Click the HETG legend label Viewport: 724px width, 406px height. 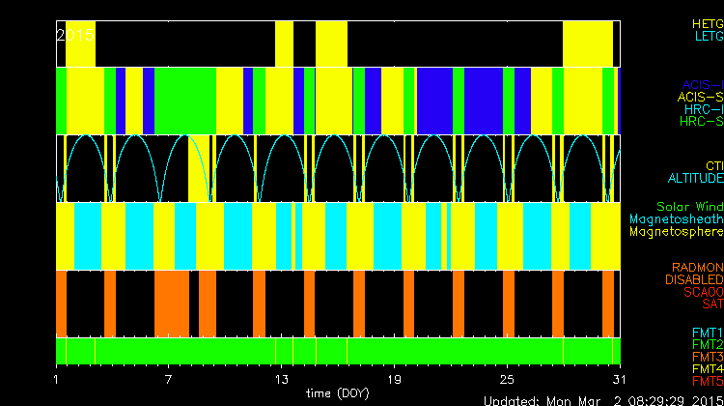pyautogui.click(x=707, y=22)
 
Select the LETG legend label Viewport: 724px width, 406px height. pyautogui.click(x=707, y=36)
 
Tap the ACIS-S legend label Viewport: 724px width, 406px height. pyautogui.click(x=700, y=97)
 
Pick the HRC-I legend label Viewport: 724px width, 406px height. pyautogui.click(x=704, y=109)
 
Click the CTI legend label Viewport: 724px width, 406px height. pyautogui.click(x=713, y=165)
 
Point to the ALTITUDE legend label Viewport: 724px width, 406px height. pyautogui.click(x=695, y=179)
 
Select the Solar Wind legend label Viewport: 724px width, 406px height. pyautogui.click(x=689, y=207)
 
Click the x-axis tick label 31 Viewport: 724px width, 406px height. pyautogui.click(x=618, y=378)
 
